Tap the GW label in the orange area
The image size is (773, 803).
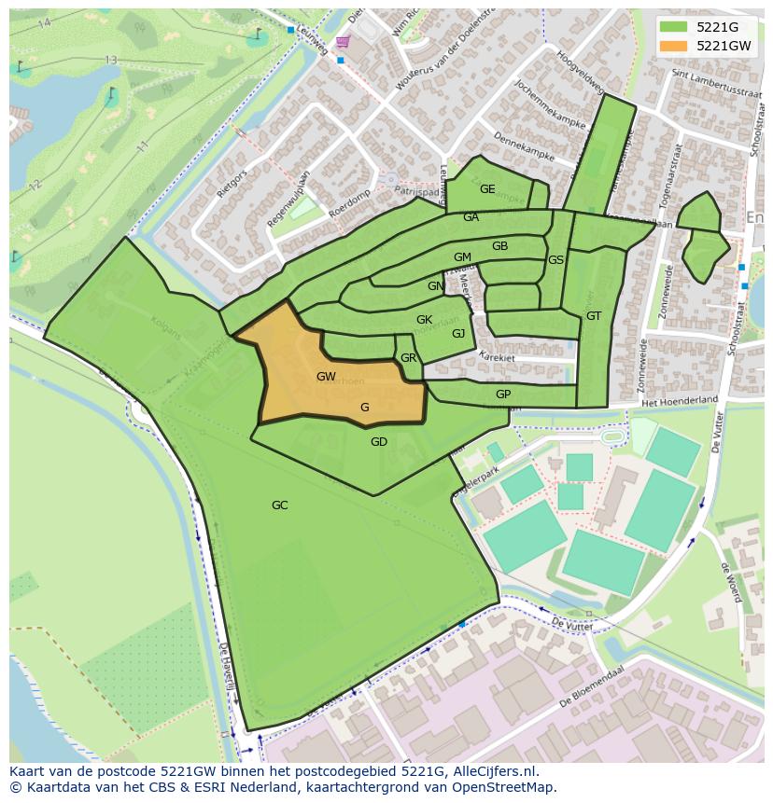tap(326, 377)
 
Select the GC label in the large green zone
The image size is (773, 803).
tap(279, 505)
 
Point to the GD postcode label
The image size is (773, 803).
tap(378, 442)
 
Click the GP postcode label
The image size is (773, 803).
tap(503, 395)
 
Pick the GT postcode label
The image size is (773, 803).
tap(594, 316)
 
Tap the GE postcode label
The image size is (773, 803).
tap(487, 188)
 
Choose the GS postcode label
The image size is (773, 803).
tap(555, 260)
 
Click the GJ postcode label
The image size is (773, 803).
tap(458, 334)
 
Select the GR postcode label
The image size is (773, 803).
tap(408, 358)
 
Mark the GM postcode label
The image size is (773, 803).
tap(462, 257)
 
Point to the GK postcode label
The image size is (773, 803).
tap(424, 320)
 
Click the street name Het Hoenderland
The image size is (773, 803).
tap(679, 400)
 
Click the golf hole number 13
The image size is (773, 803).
tap(111, 61)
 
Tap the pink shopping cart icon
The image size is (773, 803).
tap(343, 42)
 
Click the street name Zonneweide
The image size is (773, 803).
tap(667, 291)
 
